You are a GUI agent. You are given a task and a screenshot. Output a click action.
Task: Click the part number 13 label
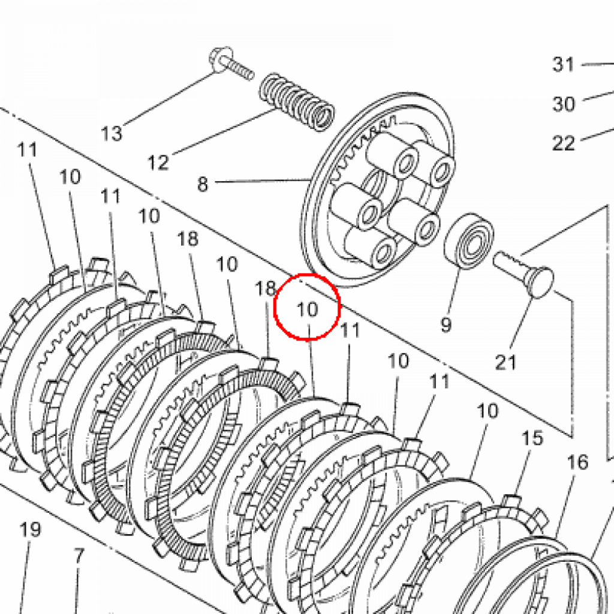coord(112,134)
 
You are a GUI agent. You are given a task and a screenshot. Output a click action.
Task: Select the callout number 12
coord(158,162)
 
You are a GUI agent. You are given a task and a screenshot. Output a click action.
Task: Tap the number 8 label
coord(203,185)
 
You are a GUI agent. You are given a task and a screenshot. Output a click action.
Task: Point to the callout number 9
coord(446,324)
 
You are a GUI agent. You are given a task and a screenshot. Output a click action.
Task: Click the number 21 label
coord(506,362)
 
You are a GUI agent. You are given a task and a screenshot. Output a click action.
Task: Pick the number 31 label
coord(563,64)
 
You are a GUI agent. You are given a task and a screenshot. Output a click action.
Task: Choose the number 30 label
coord(564,104)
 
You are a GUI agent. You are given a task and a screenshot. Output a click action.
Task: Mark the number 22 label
coord(564,143)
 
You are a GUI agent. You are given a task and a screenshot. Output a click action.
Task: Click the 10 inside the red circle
coord(308,309)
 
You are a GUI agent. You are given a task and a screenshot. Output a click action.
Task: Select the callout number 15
coord(532,438)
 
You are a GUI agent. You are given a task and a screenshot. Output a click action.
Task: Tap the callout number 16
coord(577,462)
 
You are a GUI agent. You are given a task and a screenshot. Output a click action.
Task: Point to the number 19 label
coord(30,529)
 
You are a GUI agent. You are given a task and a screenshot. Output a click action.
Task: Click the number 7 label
coord(79,556)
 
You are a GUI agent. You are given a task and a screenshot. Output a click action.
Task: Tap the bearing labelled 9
coord(469,241)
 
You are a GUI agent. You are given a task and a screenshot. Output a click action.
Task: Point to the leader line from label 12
coord(224,132)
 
